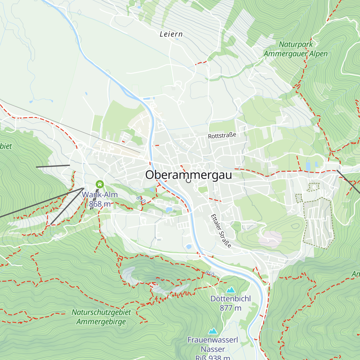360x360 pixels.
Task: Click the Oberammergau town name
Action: [188, 175]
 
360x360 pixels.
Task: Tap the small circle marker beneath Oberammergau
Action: [188, 181]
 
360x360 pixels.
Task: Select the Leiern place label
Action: [171, 34]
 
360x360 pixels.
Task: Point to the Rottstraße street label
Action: [222, 136]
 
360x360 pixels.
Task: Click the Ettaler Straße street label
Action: [221, 231]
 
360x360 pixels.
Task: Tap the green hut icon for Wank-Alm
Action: [100, 184]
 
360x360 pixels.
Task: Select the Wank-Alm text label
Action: [100, 195]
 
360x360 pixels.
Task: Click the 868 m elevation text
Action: [100, 204]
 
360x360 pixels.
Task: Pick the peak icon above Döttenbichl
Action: [230, 290]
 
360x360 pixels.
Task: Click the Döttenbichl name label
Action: [230, 299]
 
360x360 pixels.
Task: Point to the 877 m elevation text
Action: [230, 308]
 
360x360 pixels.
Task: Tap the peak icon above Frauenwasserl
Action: [213, 331]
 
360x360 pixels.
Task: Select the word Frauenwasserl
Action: [213, 340]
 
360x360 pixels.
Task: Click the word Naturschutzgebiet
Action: [101, 312]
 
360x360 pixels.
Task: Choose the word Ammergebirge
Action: [101, 322]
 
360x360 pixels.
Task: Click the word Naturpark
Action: [296, 44]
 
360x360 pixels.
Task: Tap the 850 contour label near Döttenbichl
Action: [210, 274]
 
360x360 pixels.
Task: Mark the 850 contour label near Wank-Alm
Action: [140, 199]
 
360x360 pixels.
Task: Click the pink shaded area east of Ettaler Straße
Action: [270, 238]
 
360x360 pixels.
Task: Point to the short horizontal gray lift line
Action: [53, 166]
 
